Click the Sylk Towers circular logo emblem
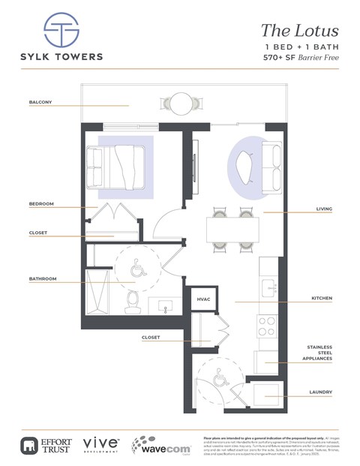[x=61, y=31]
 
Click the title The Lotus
[x=299, y=31]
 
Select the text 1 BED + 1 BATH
[x=301, y=47]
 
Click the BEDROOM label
[x=40, y=204]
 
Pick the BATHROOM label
[x=42, y=279]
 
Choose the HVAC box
[x=203, y=299]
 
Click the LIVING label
[x=324, y=209]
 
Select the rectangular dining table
[x=232, y=229]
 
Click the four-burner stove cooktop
[x=268, y=326]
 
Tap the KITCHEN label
[x=321, y=299]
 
